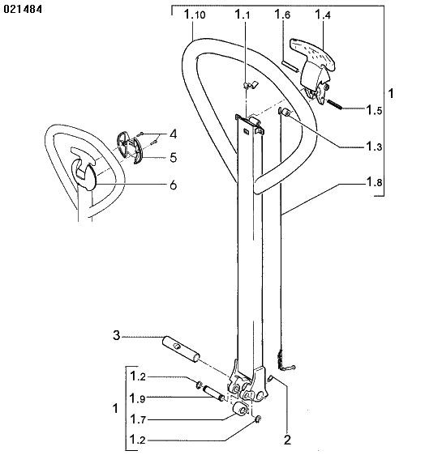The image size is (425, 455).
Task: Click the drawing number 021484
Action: coord(23,9)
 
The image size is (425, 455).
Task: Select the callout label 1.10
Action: coord(195,15)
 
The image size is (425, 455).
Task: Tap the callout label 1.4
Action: coord(323,15)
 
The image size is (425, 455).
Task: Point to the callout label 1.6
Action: coord(282,15)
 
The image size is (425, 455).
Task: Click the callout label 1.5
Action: coord(374,110)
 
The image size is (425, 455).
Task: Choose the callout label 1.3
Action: coord(374,147)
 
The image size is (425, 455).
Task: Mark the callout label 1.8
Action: coord(374,182)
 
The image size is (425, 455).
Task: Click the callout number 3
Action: coord(116,335)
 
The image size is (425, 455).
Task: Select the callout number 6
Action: coord(174,185)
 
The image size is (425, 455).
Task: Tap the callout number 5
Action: coord(174,158)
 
